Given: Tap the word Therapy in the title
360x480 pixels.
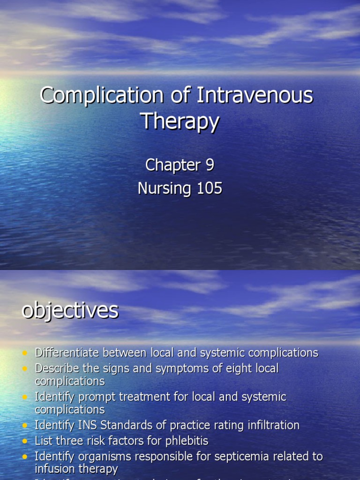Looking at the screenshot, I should click(180, 121).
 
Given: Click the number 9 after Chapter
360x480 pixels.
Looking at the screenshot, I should click(210, 165).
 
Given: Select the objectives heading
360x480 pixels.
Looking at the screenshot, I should click(70, 311).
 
